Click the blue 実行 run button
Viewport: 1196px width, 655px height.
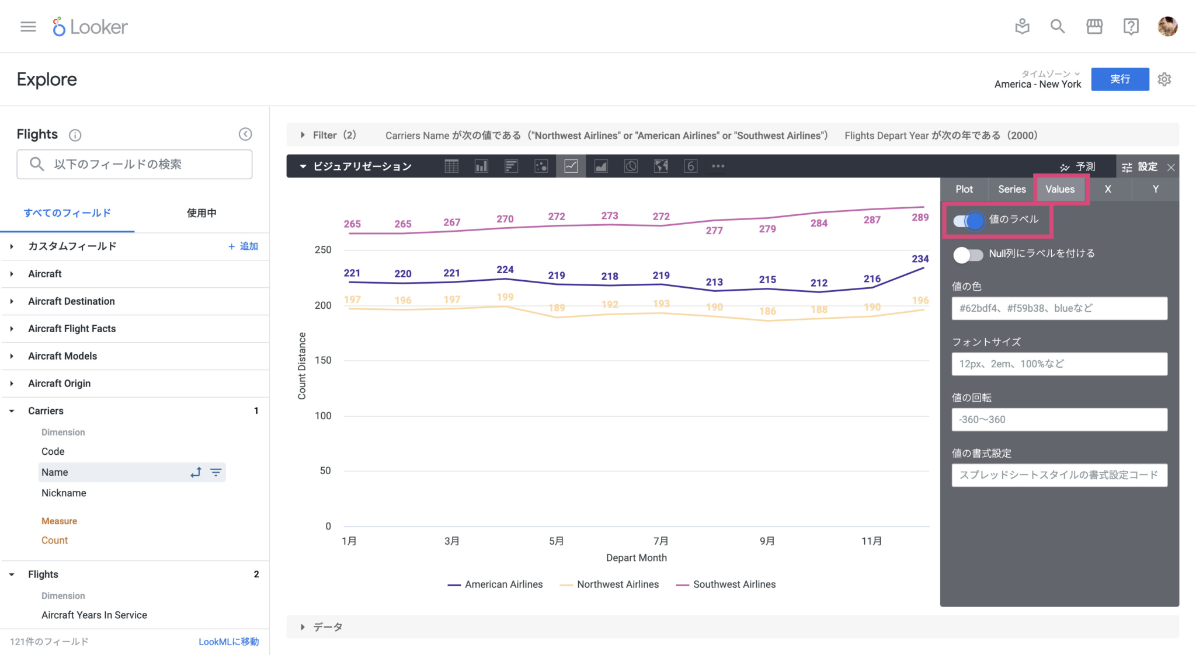pos(1119,79)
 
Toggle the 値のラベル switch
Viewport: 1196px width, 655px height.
pos(968,221)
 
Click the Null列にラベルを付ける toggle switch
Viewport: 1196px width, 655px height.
pos(968,255)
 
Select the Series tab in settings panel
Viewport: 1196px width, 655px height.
pos(1011,189)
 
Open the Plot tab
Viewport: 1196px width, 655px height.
pos(964,189)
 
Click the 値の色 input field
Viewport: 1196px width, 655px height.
pos(1059,308)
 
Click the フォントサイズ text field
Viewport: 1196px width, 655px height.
pos(1059,364)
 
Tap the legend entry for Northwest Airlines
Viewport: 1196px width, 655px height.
pos(617,584)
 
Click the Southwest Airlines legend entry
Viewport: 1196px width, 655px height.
pos(733,584)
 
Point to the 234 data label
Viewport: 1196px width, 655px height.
pos(920,259)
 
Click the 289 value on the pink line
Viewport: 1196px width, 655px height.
pos(920,217)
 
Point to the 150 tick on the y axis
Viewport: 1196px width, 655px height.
pos(323,360)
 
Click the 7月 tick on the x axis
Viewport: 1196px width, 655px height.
pos(660,541)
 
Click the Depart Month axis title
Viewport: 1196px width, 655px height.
pos(636,558)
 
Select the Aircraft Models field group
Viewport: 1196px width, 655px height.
pos(62,356)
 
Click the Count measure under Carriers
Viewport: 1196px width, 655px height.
pos(54,541)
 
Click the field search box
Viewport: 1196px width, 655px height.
pos(134,165)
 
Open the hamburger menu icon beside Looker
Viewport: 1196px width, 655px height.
pos(28,27)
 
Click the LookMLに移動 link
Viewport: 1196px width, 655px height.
pos(228,642)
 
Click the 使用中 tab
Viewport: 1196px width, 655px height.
pos(201,213)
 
